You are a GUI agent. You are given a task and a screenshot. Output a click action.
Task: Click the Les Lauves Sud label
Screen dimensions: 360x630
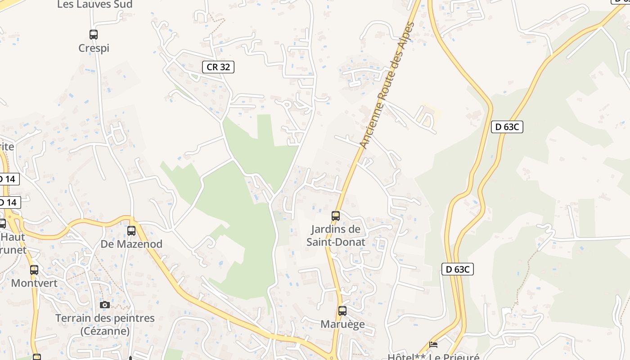[94, 4]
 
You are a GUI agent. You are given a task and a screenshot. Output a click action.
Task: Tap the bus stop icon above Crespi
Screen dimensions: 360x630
[94, 34]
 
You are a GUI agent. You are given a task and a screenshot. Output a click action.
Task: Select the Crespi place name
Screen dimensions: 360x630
[94, 48]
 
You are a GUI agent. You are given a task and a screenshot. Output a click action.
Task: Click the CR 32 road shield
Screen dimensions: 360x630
[218, 67]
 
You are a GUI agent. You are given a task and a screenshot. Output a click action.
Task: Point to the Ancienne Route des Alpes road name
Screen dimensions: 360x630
[387, 85]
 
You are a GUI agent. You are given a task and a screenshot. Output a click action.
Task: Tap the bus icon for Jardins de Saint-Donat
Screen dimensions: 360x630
[336, 216]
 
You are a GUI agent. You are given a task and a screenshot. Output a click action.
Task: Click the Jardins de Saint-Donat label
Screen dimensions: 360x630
[336, 235]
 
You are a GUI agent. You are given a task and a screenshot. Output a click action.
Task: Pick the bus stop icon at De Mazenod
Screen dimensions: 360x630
[131, 230]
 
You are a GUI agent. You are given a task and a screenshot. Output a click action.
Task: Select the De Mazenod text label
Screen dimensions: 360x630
[131, 244]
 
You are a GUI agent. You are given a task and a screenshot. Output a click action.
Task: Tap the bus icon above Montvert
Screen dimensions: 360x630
[34, 270]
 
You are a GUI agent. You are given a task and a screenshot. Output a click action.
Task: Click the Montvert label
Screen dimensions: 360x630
[34, 283]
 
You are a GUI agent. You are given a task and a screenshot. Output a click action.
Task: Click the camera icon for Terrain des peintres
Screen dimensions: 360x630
[105, 305]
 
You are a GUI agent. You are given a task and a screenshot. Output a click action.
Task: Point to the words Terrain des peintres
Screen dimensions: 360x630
[105, 318]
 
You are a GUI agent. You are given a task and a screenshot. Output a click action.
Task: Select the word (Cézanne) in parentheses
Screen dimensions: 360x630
[105, 331]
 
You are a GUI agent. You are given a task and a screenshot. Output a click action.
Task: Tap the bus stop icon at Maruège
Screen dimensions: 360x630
[342, 310]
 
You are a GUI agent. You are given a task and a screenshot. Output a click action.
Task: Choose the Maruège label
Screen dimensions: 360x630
[342, 324]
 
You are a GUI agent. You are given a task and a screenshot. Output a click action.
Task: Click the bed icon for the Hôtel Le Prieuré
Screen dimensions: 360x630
[433, 344]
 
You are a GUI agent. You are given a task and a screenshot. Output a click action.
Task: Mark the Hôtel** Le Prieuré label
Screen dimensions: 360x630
[433, 356]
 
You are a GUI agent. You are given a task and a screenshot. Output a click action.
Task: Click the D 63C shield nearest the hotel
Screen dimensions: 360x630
[458, 269]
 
